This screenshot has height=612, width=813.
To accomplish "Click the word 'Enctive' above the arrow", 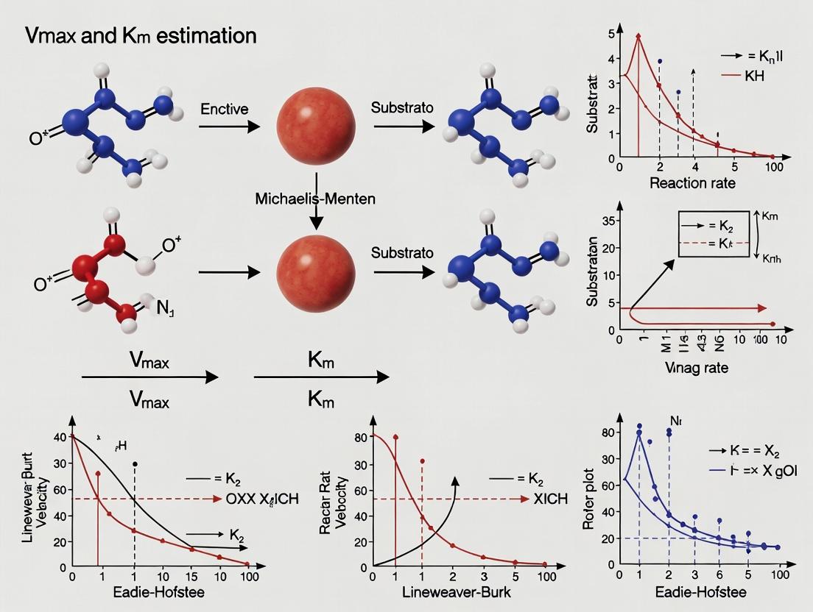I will (x=224, y=109).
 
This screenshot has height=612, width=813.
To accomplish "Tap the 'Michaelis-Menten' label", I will (x=315, y=199).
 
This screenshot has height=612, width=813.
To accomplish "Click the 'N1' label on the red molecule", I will (x=165, y=309).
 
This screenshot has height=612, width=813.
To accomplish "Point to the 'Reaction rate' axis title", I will (x=691, y=183).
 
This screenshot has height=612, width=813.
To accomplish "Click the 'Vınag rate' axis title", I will (x=696, y=367).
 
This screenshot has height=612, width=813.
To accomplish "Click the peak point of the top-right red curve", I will (x=638, y=35).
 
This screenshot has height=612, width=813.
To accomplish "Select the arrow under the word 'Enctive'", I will (x=229, y=127).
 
